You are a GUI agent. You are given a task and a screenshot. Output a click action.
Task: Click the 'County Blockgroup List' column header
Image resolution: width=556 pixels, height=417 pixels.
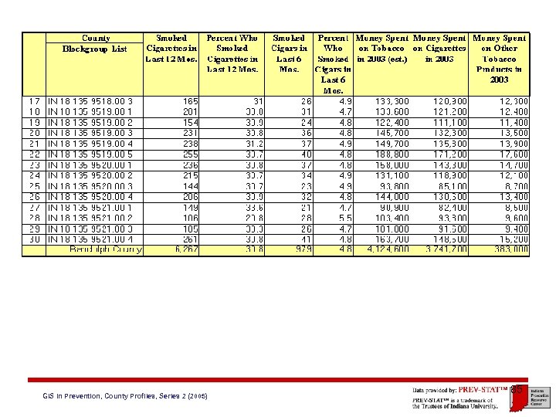[x=95, y=43]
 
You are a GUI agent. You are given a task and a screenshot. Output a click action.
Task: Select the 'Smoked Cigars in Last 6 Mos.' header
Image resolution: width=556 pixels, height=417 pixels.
[x=290, y=53]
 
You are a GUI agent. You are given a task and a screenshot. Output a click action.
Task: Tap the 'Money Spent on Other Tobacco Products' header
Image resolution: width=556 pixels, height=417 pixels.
[x=500, y=59]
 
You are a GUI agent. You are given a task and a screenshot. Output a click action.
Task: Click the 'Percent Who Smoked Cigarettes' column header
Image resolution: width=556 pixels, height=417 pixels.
[x=232, y=53]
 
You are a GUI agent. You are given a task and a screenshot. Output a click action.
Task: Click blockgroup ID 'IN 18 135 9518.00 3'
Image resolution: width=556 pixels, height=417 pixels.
[x=91, y=101]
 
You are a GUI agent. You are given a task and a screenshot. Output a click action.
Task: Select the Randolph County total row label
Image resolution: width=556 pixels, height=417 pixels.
[x=106, y=249]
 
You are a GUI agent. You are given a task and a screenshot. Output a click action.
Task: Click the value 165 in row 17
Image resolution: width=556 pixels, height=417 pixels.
[x=191, y=101]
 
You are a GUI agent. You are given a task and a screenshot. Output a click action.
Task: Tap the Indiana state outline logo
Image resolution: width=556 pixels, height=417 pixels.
[x=517, y=394]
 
